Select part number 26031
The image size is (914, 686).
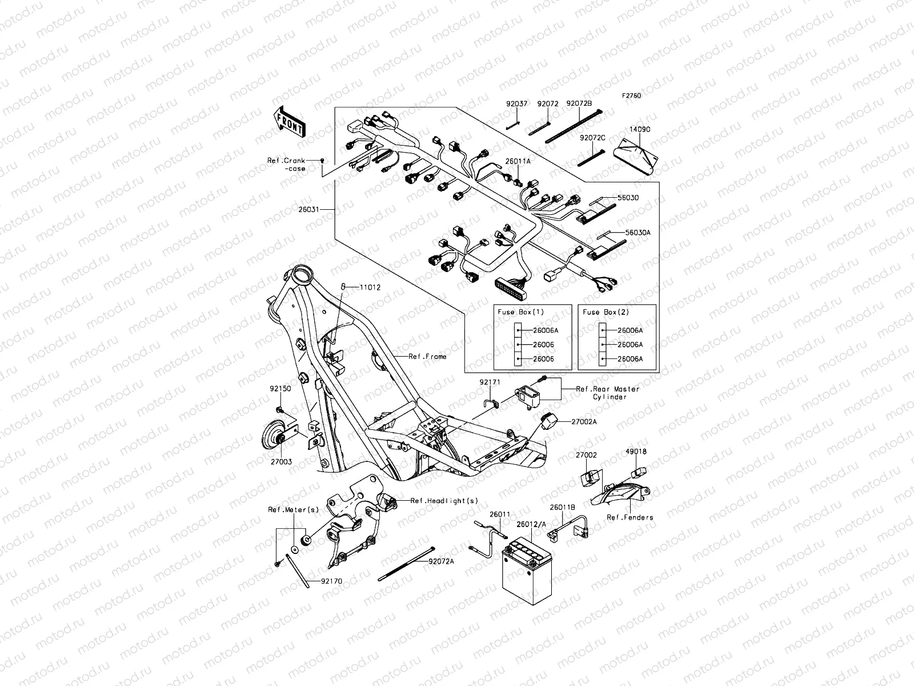[308, 210]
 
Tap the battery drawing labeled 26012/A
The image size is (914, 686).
[526, 572]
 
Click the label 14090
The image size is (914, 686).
[640, 130]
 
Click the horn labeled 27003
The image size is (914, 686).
[272, 437]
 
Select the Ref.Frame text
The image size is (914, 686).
[427, 356]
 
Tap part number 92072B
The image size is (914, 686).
[579, 103]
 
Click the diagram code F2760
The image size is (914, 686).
[631, 96]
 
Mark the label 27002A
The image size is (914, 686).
[584, 421]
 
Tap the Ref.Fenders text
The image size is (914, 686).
[630, 517]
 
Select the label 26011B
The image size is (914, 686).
[563, 506]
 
